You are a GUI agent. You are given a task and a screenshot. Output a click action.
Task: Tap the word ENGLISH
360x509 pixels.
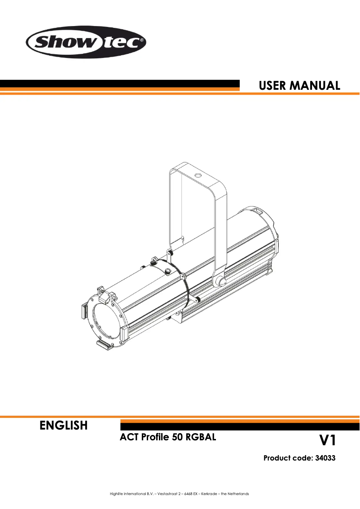(x=63, y=426)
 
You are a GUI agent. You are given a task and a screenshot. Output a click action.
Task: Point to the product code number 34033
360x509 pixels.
(x=323, y=458)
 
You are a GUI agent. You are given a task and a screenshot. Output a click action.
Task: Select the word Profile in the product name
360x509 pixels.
(x=154, y=437)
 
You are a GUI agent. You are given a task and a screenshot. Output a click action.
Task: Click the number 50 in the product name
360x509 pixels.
(x=177, y=437)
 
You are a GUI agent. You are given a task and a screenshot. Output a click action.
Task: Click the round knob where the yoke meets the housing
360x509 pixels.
(x=220, y=281)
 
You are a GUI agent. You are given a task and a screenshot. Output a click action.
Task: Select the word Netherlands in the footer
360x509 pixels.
(x=238, y=494)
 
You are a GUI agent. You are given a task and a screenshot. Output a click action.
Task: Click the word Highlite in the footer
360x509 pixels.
(x=116, y=494)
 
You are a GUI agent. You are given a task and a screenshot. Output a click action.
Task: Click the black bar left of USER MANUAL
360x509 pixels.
(x=119, y=83)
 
